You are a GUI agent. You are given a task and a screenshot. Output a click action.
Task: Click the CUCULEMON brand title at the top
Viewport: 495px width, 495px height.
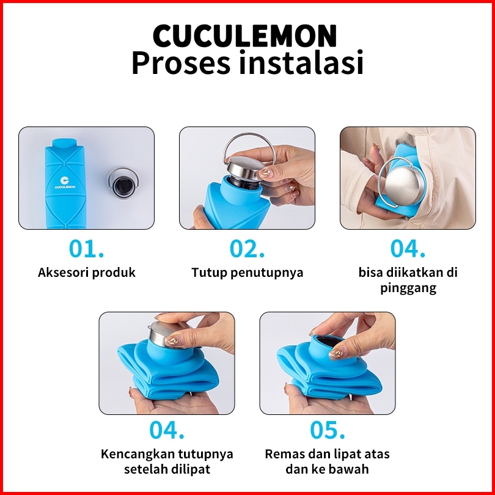[x=245, y=35]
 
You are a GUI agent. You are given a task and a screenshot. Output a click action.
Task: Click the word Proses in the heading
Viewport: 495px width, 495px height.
[x=181, y=62]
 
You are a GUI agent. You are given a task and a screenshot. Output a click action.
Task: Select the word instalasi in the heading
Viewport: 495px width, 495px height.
[x=301, y=62]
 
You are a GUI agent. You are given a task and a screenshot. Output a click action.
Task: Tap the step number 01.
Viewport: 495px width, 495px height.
[x=86, y=249]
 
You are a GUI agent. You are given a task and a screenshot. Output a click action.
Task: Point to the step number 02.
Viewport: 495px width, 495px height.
[x=247, y=249]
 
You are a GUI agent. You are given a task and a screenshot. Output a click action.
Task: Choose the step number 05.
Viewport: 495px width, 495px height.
[x=328, y=430]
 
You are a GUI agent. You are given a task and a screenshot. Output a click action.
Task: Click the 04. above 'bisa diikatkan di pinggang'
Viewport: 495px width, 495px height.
[x=408, y=249]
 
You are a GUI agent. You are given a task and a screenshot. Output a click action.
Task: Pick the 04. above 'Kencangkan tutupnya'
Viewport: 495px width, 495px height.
[x=167, y=430]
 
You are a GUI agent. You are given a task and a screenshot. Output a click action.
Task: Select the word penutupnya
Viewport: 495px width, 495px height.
[x=267, y=273]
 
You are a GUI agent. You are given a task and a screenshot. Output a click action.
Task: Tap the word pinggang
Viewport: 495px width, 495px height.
[x=408, y=288]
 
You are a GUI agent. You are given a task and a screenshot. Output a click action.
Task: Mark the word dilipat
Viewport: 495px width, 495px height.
[x=191, y=469]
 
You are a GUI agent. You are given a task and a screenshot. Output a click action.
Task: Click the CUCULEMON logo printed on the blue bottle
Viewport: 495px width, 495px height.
[x=65, y=183]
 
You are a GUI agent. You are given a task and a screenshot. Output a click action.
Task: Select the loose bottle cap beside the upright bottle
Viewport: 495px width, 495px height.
[x=123, y=183]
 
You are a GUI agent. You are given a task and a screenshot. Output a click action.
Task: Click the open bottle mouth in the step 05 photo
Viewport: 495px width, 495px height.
[x=328, y=341]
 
